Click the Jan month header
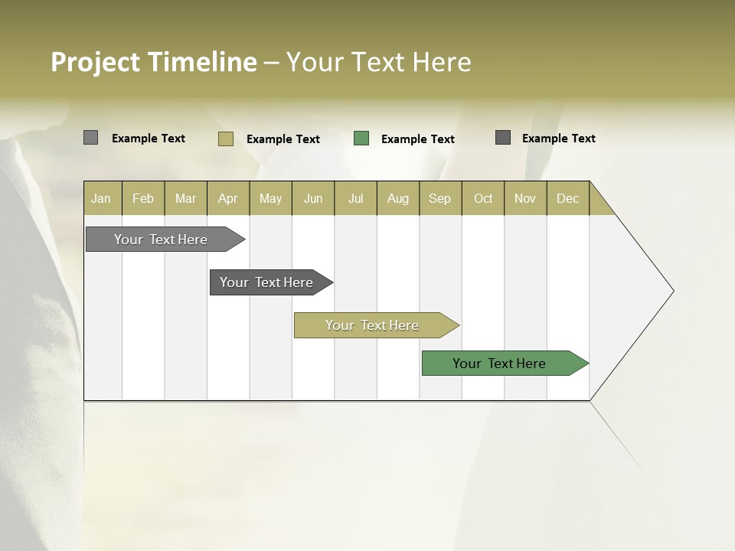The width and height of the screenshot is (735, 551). tap(101, 198)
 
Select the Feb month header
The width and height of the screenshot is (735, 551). tap(143, 198)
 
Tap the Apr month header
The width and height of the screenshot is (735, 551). tap(227, 198)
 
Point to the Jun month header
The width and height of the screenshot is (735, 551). tap(313, 198)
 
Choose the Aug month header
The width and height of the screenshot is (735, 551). tap(397, 198)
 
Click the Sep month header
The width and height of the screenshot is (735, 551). tap(439, 198)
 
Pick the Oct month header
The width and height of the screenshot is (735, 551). tap(483, 198)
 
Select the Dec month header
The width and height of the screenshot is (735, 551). tap(567, 198)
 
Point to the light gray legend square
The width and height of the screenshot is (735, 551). tap(90, 138)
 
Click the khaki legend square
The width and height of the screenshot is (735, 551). tap(225, 139)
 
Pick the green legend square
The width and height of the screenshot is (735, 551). tap(361, 139)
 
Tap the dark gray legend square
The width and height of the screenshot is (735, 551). tap(503, 138)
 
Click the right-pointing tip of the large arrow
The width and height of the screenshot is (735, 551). tap(671, 291)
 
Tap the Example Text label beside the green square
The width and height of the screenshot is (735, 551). tap(417, 139)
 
